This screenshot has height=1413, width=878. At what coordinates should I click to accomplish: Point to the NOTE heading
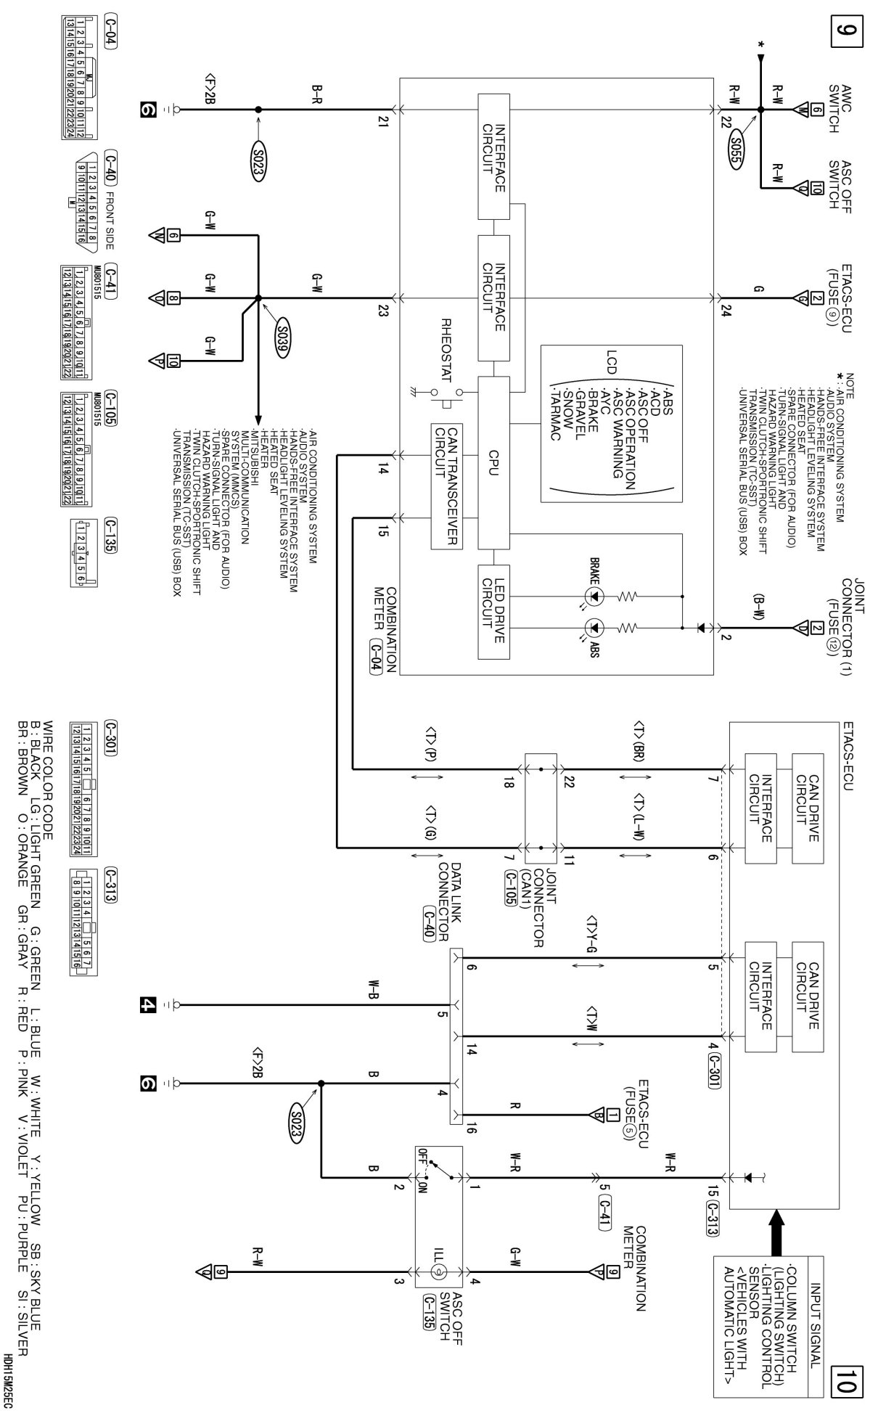[849, 385]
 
